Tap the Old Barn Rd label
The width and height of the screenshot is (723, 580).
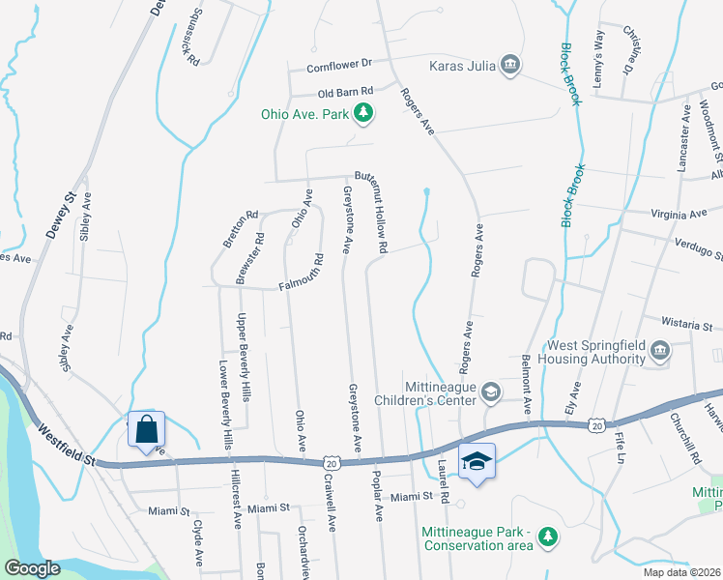click(346, 94)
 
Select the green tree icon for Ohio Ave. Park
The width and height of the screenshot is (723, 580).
click(363, 114)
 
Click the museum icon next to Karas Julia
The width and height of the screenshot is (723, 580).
click(510, 66)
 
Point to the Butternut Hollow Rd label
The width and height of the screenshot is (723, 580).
click(370, 215)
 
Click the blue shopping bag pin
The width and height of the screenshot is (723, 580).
click(146, 429)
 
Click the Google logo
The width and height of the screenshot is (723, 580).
click(32, 568)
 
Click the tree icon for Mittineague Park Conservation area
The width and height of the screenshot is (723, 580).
click(548, 535)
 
